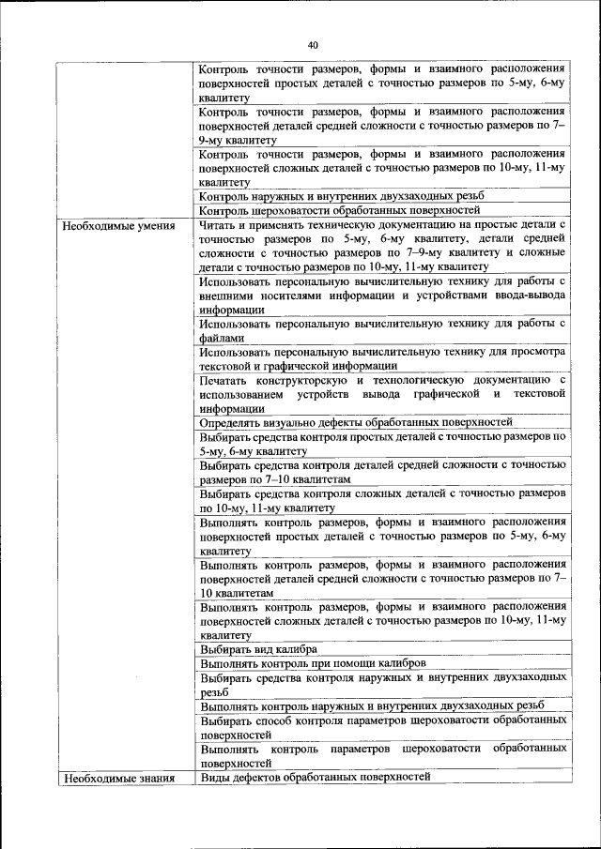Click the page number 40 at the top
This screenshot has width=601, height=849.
[x=313, y=42]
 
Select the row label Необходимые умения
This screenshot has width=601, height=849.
[x=109, y=226]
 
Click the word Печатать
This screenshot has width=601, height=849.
[x=226, y=380]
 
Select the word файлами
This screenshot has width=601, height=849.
[x=222, y=338]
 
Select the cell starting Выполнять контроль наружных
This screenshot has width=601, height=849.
[x=371, y=705]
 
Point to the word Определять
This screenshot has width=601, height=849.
[x=233, y=422]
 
